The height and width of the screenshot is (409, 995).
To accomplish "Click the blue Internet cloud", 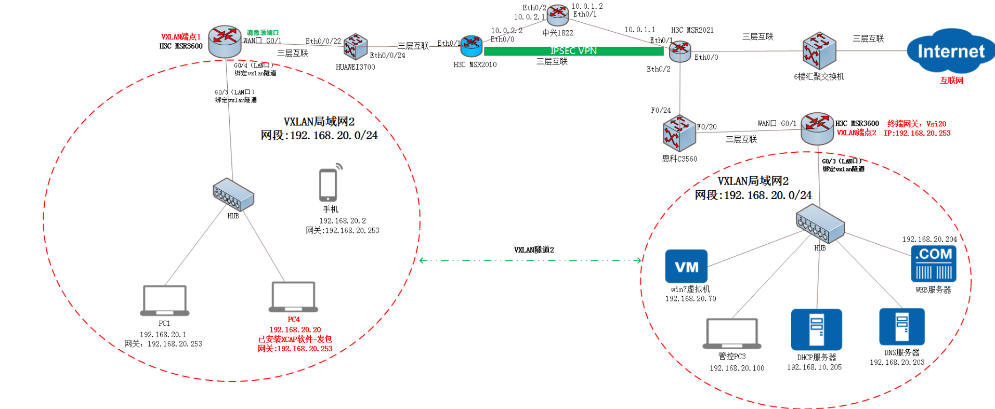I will point(950,51).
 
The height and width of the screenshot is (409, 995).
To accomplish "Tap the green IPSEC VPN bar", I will point(573,51).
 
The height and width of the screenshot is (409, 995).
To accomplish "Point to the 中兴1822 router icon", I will point(558,15).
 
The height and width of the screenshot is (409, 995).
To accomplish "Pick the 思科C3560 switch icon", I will point(679,133).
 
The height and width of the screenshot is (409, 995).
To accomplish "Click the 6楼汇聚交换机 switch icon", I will point(819,51).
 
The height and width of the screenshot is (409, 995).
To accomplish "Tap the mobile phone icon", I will point(329,184).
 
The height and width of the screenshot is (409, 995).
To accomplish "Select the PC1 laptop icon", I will point(164,300).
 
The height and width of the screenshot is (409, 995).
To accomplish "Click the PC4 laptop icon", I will point(293,297).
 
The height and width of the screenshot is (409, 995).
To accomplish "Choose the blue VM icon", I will point(686,266).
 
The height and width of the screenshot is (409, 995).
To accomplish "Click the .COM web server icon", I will point(934,263).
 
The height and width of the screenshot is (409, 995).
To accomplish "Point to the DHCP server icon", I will point(816,329).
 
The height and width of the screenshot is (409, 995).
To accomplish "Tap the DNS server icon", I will point(901,326).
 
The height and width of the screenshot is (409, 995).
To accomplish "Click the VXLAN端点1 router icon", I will point(225,41).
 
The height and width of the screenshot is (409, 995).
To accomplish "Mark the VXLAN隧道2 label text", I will point(534,250).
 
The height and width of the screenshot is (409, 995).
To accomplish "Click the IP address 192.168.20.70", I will point(690,299).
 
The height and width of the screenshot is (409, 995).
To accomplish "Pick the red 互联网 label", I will point(951,81).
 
